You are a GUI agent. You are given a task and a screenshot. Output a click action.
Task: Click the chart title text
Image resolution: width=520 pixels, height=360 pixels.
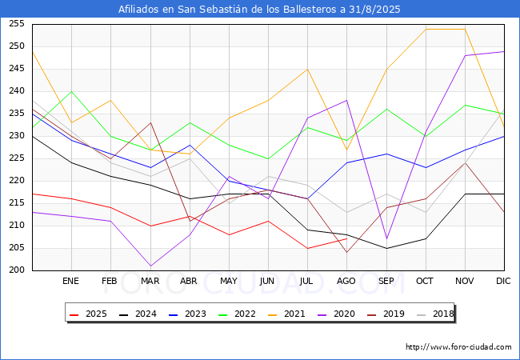(x=259, y=10)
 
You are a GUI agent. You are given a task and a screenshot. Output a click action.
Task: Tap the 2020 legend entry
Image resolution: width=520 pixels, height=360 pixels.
(x=351, y=314)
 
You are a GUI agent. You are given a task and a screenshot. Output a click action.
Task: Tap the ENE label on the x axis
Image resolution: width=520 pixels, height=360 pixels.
(x=71, y=282)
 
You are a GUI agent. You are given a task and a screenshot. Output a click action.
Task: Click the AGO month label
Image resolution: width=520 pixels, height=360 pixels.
(x=346, y=282)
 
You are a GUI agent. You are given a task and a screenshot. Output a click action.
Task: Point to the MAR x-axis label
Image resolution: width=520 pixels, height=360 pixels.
(x=150, y=282)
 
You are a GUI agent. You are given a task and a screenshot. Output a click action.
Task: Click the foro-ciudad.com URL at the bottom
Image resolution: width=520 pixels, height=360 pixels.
(x=458, y=347)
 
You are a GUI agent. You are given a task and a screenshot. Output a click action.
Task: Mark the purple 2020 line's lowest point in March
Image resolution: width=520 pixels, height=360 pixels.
(x=150, y=266)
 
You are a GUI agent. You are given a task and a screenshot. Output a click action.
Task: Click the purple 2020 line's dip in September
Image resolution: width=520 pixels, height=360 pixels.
(x=386, y=238)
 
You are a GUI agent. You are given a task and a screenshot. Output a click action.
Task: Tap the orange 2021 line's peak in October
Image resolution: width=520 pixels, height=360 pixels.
(x=426, y=29)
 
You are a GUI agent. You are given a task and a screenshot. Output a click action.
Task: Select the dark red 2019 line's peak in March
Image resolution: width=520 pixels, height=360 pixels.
(x=150, y=122)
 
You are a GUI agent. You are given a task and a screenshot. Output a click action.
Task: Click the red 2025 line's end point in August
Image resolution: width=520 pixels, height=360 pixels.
(x=346, y=238)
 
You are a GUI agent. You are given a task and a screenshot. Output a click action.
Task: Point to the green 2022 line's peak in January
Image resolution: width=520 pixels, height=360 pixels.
(x=71, y=91)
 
